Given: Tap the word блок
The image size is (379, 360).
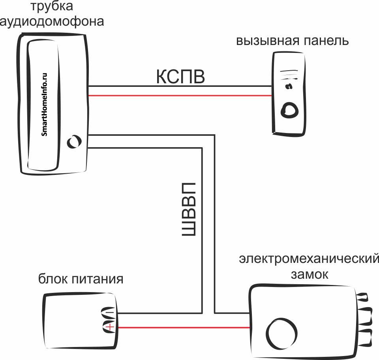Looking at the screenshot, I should click(53, 279).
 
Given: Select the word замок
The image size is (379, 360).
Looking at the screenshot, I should click(309, 274).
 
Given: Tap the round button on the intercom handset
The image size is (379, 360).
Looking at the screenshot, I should click(74, 142).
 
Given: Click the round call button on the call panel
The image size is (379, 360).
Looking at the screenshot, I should click(289, 110).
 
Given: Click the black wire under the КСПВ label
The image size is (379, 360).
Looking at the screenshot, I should click(180, 86).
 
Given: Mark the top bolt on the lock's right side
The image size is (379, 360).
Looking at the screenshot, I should click(362, 297).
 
